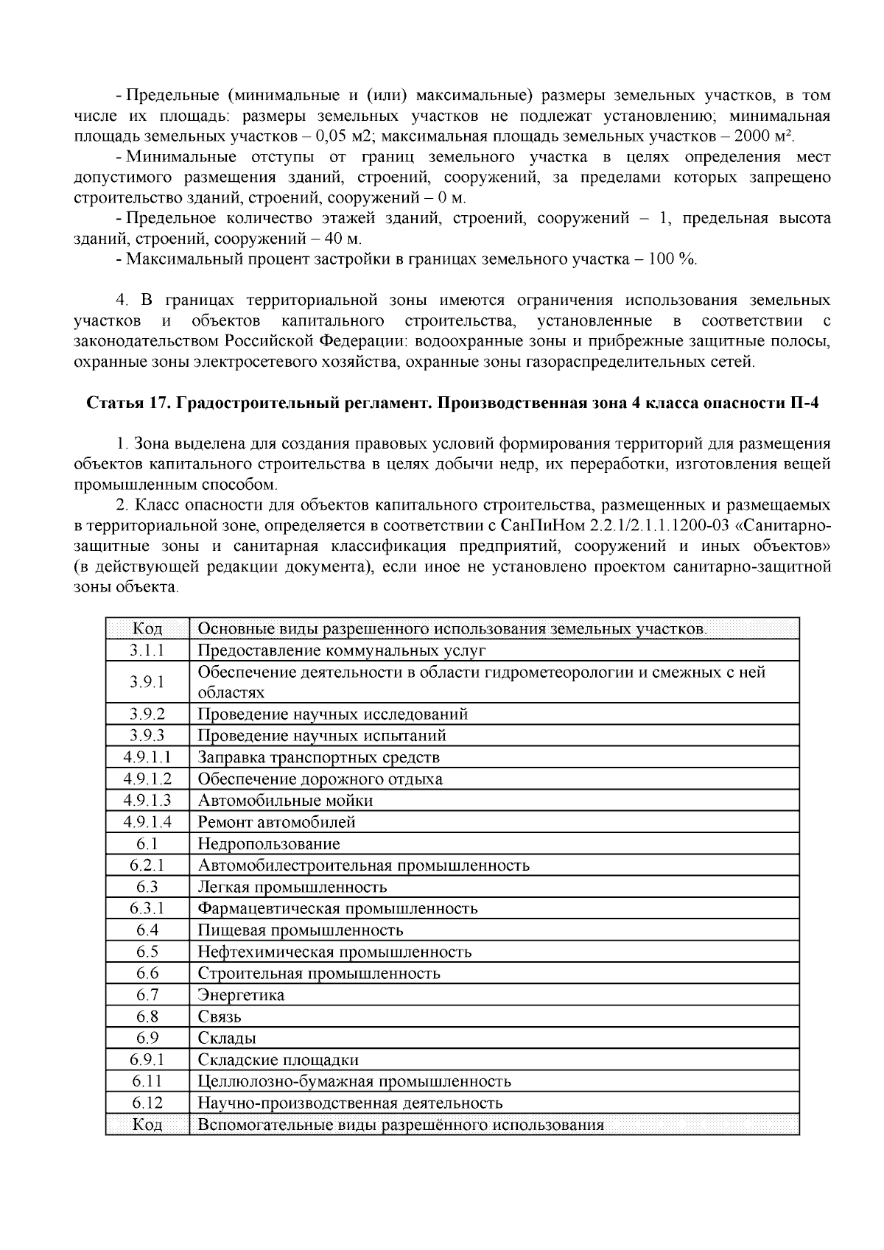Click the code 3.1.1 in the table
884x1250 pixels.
[x=147, y=650]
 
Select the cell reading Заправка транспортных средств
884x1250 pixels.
[x=318, y=757]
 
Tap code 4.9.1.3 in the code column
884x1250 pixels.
[x=147, y=801]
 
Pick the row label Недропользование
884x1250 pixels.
[x=269, y=844]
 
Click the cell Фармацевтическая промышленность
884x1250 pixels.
[x=337, y=909]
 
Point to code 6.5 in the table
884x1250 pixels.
[x=147, y=952]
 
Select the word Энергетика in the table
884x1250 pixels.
[x=241, y=995]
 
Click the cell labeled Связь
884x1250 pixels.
[x=220, y=1017]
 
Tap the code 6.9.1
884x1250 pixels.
[x=147, y=1060]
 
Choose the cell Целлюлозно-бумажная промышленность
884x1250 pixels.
[x=354, y=1082]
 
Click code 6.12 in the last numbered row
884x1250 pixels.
[x=147, y=1103]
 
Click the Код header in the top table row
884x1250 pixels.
[x=147, y=629]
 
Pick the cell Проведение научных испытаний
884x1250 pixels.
[x=322, y=736]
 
